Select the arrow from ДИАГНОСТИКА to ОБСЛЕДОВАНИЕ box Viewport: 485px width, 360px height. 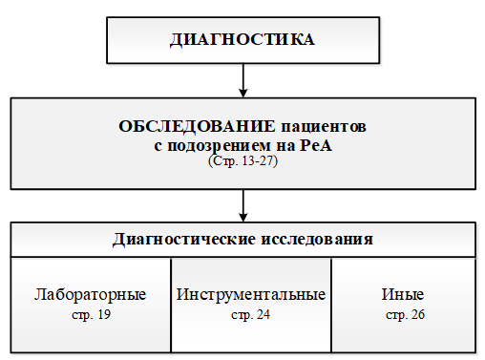click(243, 78)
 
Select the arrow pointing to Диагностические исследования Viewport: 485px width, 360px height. click(243, 202)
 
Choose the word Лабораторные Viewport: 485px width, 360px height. click(90, 294)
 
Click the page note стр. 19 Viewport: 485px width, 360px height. click(90, 313)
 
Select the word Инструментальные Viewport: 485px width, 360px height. click(251, 294)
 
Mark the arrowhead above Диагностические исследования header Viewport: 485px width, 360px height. click(243, 216)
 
